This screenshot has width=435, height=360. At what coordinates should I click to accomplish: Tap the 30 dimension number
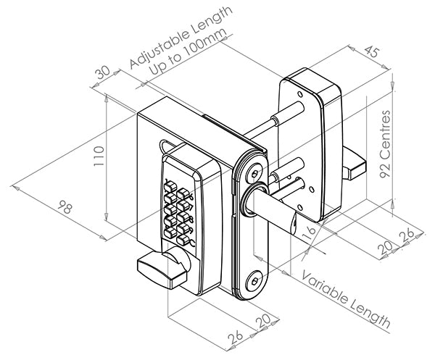(x=102, y=72)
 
